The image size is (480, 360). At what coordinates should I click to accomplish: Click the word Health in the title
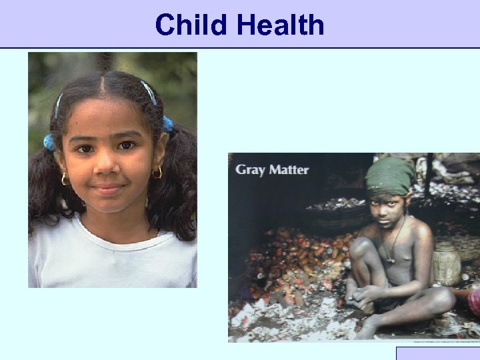pyautogui.click(x=280, y=25)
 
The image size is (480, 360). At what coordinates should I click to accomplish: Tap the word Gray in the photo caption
pyautogui.click(x=248, y=169)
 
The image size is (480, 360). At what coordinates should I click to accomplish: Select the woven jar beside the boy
pyautogui.click(x=446, y=263)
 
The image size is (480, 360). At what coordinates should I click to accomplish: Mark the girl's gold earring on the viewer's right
pyautogui.click(x=157, y=173)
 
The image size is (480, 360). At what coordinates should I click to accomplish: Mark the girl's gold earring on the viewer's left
pyautogui.click(x=65, y=179)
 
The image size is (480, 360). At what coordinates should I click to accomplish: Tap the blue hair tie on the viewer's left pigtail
pyautogui.click(x=49, y=142)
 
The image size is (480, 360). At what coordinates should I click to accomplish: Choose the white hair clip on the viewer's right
pyautogui.click(x=149, y=91)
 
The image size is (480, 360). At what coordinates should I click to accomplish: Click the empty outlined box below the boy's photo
pyautogui.click(x=437, y=353)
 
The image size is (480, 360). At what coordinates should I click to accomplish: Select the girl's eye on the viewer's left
pyautogui.click(x=85, y=148)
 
